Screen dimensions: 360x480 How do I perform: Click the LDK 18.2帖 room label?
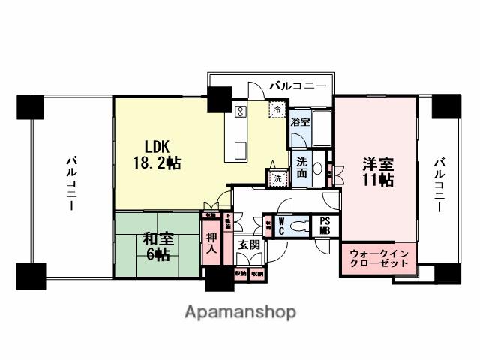(155, 154)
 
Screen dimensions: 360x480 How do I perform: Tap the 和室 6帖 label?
(158, 247)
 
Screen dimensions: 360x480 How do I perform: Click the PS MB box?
(325, 226)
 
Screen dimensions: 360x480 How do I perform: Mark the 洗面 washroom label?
(301, 167)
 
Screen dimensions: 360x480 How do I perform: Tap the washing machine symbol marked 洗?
(277, 178)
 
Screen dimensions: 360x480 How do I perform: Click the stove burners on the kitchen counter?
(241, 112)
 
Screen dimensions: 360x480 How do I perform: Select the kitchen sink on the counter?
(240, 149)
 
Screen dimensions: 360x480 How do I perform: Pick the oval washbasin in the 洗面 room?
(318, 168)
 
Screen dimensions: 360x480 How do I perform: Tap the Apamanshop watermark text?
(240, 312)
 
